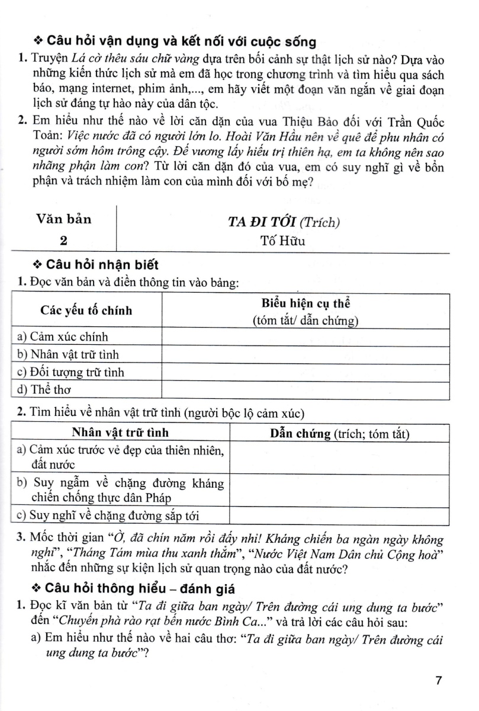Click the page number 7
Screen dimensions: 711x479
tap(439, 680)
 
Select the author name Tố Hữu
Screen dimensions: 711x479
tap(284, 241)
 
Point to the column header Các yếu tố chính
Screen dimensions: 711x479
tap(86, 310)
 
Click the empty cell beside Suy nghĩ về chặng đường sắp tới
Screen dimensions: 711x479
tap(340, 515)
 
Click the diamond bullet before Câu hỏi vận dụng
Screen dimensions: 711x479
tap(39, 41)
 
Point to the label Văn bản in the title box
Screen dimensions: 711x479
tap(64, 219)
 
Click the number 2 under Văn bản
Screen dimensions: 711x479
tap(64, 241)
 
